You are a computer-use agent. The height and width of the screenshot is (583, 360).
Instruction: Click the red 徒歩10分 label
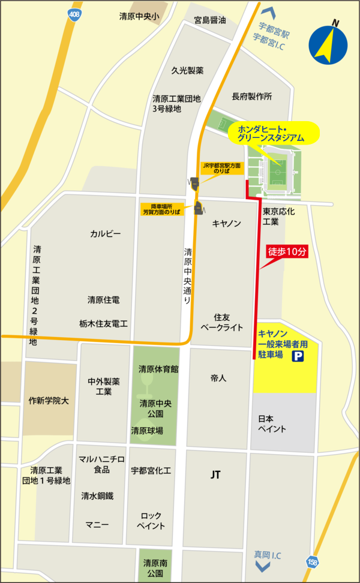(287, 252)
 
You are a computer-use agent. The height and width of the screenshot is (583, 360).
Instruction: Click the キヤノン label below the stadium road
(226, 223)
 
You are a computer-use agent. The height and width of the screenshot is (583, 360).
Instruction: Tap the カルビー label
(106, 233)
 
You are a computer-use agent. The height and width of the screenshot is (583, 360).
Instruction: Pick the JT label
(215, 474)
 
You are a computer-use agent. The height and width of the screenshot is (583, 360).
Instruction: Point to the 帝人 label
(218, 378)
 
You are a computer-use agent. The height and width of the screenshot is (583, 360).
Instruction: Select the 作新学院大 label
(49, 400)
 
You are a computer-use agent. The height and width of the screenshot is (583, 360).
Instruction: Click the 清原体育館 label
(158, 369)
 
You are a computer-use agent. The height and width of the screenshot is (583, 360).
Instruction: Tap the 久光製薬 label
(187, 70)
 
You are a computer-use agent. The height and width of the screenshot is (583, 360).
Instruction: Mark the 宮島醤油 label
(209, 20)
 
